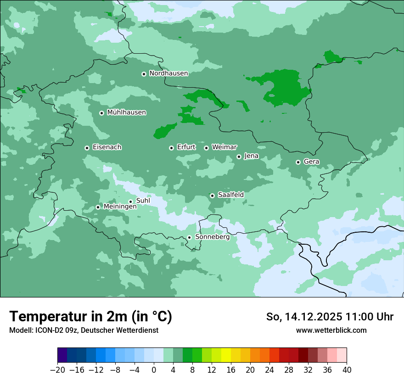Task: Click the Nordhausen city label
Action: [x=168, y=73]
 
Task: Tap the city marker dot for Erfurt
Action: [x=171, y=148]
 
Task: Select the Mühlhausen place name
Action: [x=126, y=112]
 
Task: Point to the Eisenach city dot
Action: [x=87, y=148]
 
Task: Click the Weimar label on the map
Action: [x=224, y=147]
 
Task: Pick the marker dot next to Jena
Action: [x=239, y=157]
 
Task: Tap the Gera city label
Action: [x=311, y=162]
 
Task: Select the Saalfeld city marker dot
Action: [x=212, y=196]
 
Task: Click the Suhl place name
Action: [x=143, y=201]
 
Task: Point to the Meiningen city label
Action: [x=120, y=207]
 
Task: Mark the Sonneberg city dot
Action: [x=189, y=237]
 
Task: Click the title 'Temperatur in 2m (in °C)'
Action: [x=90, y=317]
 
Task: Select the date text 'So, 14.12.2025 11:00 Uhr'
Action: [x=330, y=317]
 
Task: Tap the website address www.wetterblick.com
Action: [x=331, y=330]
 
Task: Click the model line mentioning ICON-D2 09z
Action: [x=84, y=330]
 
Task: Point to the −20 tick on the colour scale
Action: [x=58, y=370]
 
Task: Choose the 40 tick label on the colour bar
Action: [x=347, y=370]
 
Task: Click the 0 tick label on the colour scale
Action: [x=154, y=370]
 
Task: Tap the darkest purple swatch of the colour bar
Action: [x=62, y=355]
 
